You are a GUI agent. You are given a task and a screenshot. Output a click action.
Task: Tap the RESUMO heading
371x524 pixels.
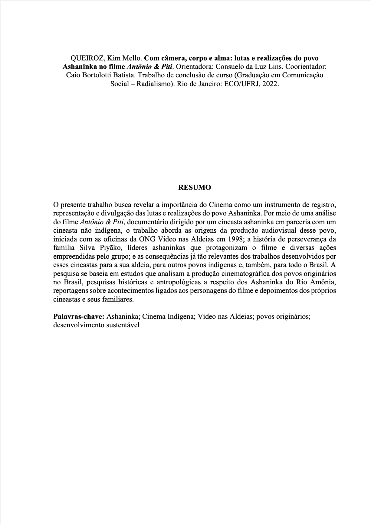[x=195, y=187]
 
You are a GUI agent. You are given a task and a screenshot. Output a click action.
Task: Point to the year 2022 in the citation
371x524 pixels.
[x=270, y=84]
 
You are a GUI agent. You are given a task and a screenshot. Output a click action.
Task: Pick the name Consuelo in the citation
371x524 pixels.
[x=229, y=66]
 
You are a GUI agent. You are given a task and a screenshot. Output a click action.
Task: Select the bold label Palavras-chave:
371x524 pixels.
[x=79, y=317]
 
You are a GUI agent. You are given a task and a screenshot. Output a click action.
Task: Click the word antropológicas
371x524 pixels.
[x=177, y=283]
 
